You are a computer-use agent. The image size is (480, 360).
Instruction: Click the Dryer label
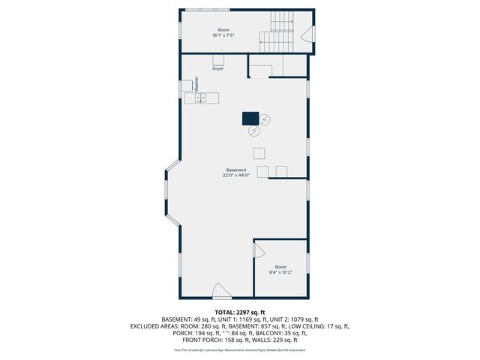coord(218,69)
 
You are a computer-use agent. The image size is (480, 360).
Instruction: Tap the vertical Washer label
coord(196,83)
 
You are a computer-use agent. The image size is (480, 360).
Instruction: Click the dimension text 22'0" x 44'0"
coord(235,175)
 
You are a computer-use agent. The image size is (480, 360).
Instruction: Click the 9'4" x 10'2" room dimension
coord(280,272)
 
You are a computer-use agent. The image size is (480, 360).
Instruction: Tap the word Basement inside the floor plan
coord(235,170)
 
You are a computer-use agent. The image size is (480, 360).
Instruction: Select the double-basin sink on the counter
coord(201,97)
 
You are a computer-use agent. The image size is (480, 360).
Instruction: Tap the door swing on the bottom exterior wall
coord(221,291)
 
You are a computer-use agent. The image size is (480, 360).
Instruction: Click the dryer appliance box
coord(218,60)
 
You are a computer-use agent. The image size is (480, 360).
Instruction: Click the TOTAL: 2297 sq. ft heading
coord(240,312)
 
